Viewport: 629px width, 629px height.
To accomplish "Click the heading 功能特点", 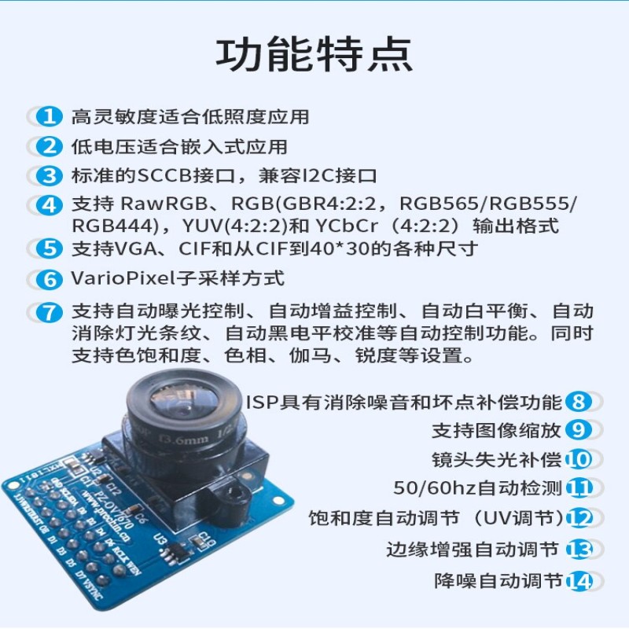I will [x=314, y=54].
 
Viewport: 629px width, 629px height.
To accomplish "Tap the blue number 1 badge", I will [x=50, y=117].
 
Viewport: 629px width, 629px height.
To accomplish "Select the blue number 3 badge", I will [x=50, y=175].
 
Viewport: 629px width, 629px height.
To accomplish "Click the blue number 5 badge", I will [x=50, y=248].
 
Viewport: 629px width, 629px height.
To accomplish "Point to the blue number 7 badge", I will [x=50, y=311].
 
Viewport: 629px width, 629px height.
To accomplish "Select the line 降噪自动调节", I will [x=498, y=581].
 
